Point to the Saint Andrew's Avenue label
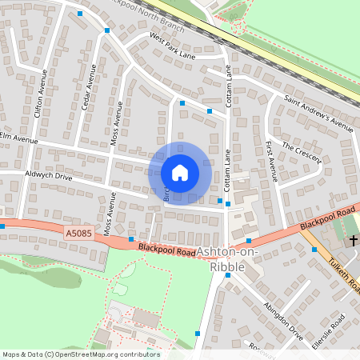[x=318, y=114]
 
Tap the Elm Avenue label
[x=19, y=138]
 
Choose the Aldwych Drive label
[x=48, y=174]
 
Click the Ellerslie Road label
[x=329, y=332]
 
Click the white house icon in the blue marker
[x=180, y=173]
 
